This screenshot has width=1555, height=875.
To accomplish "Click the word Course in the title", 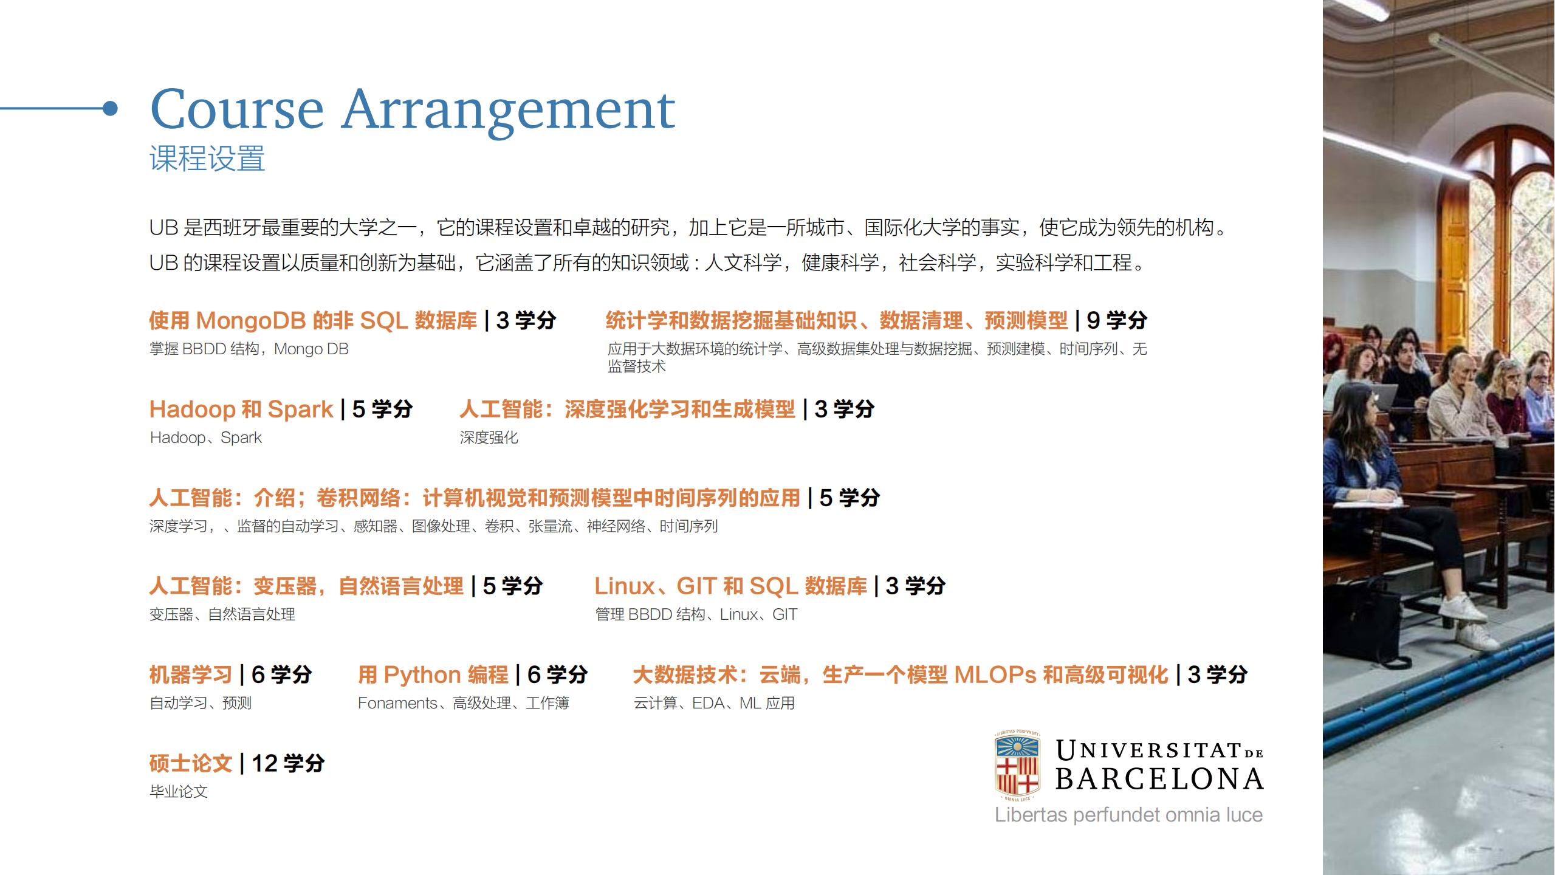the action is coord(236,109).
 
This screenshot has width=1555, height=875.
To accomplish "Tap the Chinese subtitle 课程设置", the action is coord(207,159).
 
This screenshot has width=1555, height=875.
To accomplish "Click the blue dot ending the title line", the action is coord(110,109).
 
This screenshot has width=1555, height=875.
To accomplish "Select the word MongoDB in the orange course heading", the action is coord(251,321).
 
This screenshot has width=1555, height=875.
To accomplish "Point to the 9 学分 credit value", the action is coord(1117,321).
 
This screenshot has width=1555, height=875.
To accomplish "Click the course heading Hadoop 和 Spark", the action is coord(241,410).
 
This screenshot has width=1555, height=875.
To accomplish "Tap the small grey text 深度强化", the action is coord(489,437).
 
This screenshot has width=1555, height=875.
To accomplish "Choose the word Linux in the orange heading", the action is coord(624,586).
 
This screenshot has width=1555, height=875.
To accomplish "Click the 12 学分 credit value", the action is coord(288,764).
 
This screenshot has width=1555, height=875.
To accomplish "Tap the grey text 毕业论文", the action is coord(179,792).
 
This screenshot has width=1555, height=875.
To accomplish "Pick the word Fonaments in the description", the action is coord(397,703).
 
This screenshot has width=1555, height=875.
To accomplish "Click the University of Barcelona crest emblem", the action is coord(1017,766).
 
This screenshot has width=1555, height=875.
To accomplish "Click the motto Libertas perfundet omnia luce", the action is coord(1128,815).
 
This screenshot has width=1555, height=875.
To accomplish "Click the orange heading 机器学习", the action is coord(191,675).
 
